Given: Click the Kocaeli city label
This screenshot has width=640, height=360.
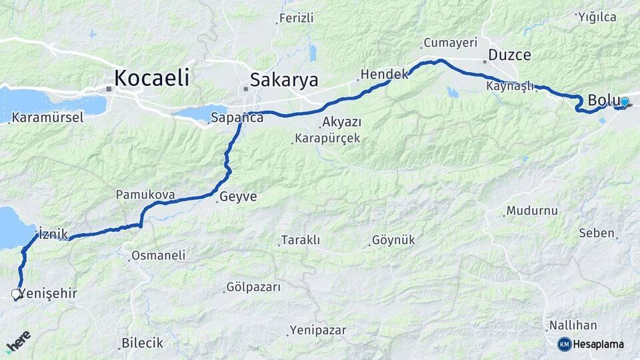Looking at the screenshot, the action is (151, 78).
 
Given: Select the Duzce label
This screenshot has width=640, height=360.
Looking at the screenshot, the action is (509, 55).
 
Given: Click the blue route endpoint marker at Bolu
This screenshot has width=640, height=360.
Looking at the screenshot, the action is (624, 102).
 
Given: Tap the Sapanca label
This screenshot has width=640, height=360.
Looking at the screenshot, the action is (237, 118).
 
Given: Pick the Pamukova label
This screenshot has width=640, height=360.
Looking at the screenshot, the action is (145, 195).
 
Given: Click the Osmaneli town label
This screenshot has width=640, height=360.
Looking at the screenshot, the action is (158, 255).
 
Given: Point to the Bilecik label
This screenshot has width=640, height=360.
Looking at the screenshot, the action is (142, 343).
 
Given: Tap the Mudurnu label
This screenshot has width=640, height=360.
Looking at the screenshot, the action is (531, 211).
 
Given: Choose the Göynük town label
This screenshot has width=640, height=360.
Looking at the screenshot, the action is (393, 240).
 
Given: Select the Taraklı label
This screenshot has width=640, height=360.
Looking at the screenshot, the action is (301, 240).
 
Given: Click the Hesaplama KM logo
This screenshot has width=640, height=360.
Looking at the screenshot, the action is (591, 344).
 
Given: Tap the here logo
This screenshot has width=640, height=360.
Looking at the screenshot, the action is (19, 341).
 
